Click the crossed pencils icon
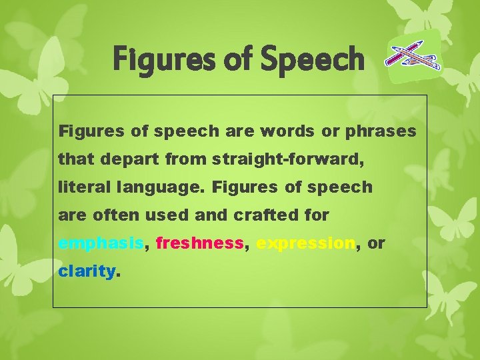[x=413, y=55]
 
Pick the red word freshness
[x=199, y=244]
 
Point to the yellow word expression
[x=305, y=244]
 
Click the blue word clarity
[x=87, y=272]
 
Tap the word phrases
[x=381, y=131]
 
